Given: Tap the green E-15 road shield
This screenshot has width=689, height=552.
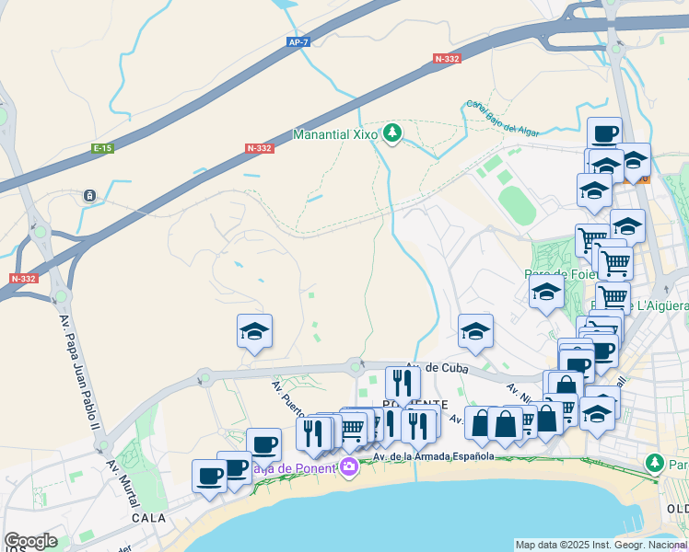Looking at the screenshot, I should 102,148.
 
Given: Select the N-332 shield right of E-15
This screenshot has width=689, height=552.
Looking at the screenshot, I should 259,148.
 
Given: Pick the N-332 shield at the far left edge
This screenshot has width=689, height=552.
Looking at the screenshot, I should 23,278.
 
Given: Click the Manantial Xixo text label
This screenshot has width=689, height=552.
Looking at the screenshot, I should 335,134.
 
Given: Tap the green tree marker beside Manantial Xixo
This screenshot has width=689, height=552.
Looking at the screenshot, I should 393,134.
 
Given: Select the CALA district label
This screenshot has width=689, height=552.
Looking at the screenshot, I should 147,518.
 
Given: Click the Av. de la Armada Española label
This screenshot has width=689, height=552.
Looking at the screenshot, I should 434,455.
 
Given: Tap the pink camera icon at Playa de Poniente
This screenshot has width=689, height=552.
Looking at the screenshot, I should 349,467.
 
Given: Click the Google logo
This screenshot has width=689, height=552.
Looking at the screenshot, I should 30,541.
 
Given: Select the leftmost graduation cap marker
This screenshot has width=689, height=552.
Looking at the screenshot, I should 255,330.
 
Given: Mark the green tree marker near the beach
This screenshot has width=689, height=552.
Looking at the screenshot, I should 654,463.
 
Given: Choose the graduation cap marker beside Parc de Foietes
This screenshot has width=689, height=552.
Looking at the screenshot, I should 546,293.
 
